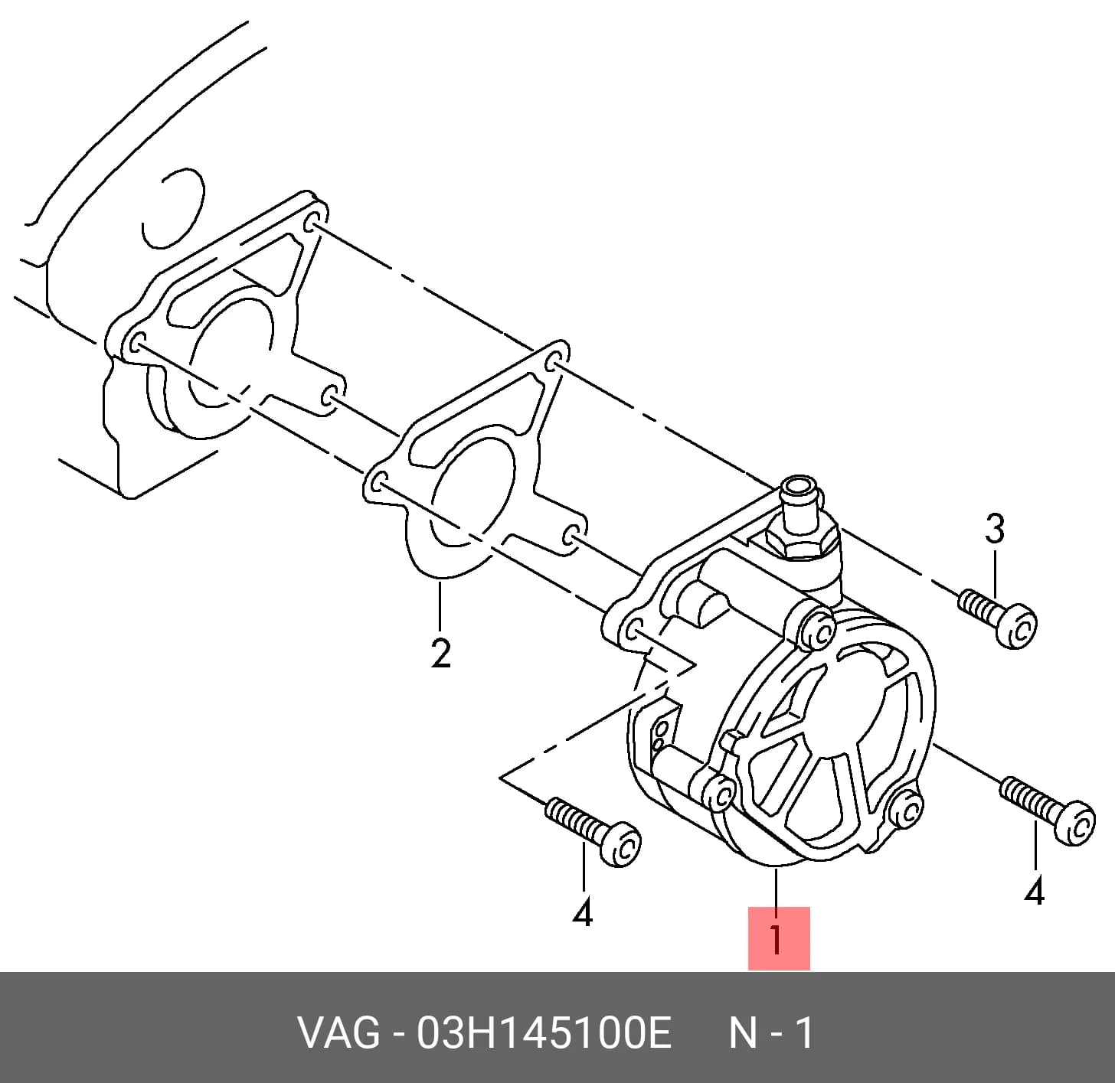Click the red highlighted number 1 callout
pyautogui.click(x=778, y=938)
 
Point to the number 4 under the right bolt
pyautogui.click(x=1035, y=892)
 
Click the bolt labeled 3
pyautogui.click(x=997, y=618)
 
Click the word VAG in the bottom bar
pyautogui.click(x=338, y=1033)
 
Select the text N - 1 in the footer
pyautogui.click(x=770, y=1033)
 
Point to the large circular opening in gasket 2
pyautogui.click(x=472, y=492)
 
